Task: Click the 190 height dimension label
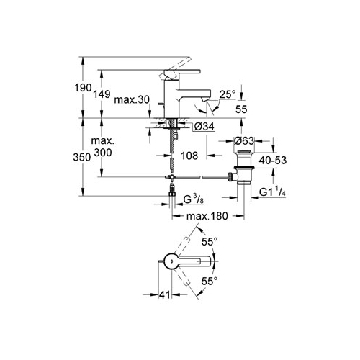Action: pyautogui.click(x=83, y=88)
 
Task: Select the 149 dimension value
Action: pyautogui.click(x=102, y=94)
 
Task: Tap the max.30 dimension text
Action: pyautogui.click(x=132, y=99)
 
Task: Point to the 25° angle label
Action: pyautogui.click(x=228, y=94)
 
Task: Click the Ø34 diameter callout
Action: pyautogui.click(x=204, y=127)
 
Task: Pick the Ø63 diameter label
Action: pyautogui.click(x=243, y=140)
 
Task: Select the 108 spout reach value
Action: pyautogui.click(x=189, y=156)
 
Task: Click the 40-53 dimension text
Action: pyautogui.click(x=273, y=161)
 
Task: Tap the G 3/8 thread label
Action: pyautogui.click(x=194, y=199)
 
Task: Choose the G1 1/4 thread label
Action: pyautogui.click(x=272, y=192)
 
